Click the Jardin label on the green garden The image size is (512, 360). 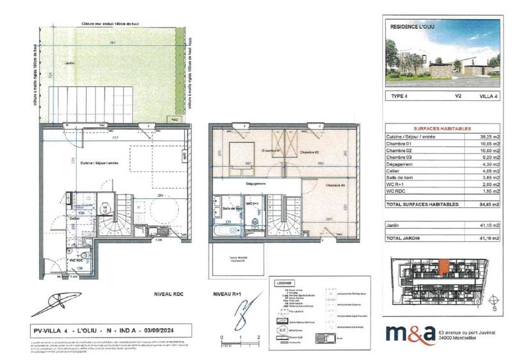pyautogui.click(x=69, y=64)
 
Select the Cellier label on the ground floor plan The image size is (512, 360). pyautogui.click(x=75, y=218)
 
